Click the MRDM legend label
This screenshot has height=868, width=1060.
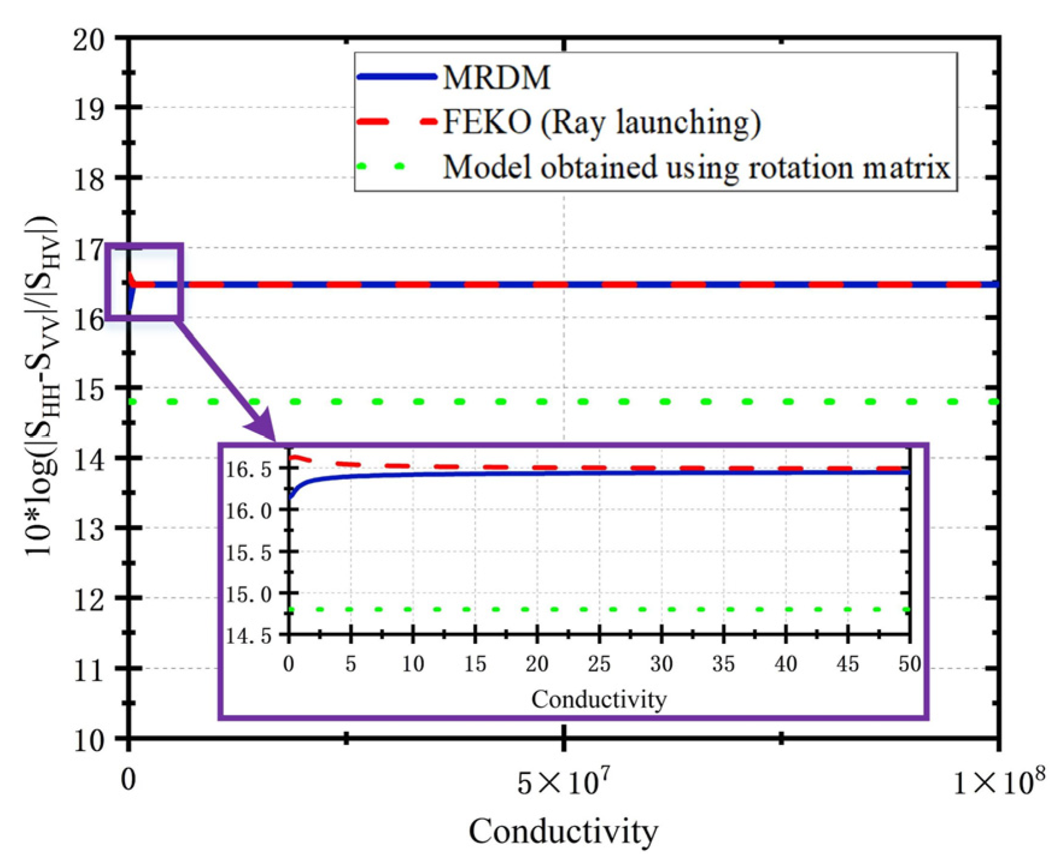click(496, 77)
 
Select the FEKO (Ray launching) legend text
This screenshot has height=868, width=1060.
click(601, 122)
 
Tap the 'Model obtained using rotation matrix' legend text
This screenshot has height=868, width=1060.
click(696, 167)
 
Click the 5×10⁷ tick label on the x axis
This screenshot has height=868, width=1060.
click(563, 782)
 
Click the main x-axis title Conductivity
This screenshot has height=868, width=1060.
click(563, 832)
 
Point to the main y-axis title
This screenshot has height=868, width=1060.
click(42, 386)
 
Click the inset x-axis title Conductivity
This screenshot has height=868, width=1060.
click(598, 699)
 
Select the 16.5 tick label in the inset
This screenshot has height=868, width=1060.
click(249, 470)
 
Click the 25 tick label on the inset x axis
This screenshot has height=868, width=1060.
click(598, 664)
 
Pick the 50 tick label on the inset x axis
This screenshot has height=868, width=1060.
click(909, 664)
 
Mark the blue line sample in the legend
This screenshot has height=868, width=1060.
click(396, 77)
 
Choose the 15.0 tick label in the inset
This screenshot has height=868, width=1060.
click(249, 594)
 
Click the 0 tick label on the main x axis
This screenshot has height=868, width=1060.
click(128, 779)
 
